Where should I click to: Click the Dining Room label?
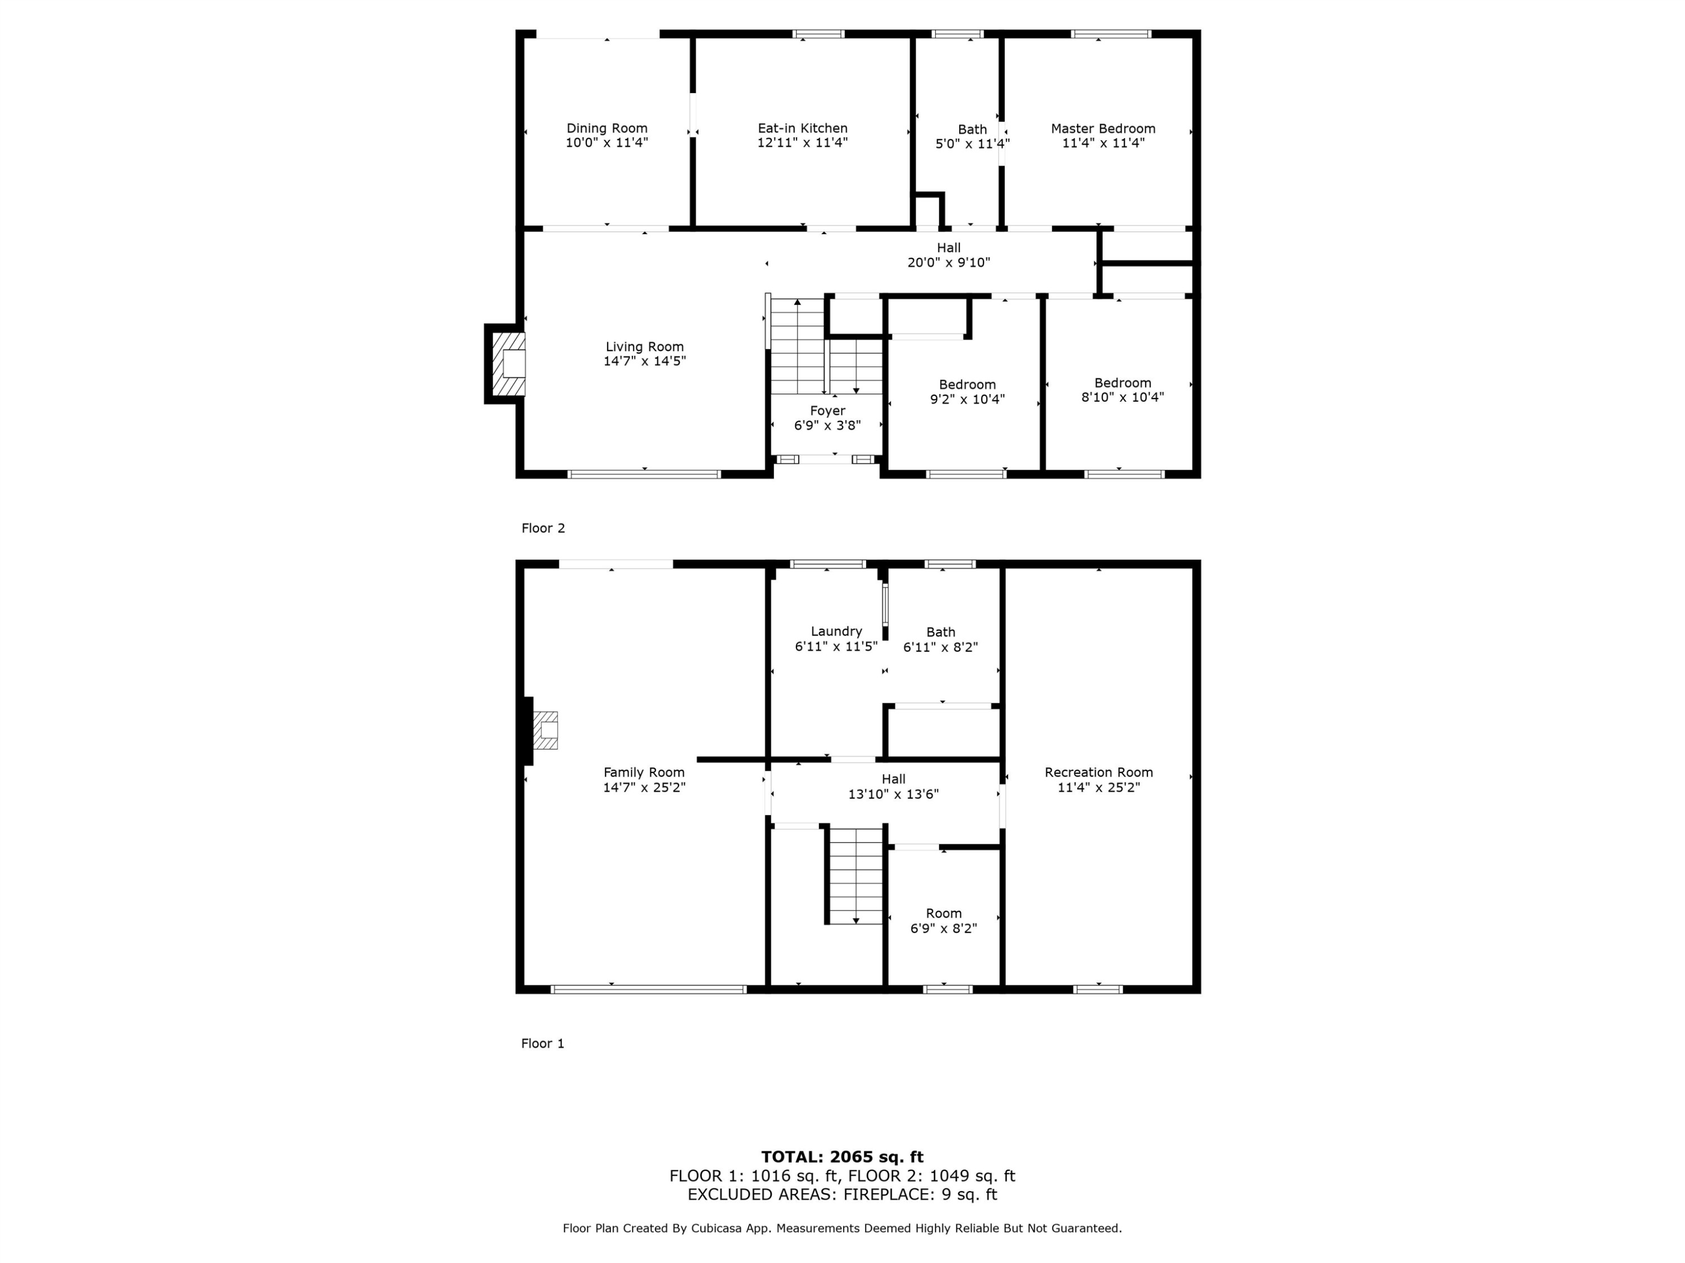tap(607, 129)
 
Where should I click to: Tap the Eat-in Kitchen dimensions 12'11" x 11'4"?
tap(802, 143)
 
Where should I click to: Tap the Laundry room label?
tap(836, 631)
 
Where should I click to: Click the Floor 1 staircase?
tap(855, 876)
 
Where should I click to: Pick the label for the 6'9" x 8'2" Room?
tap(943, 913)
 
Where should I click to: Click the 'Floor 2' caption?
tap(543, 528)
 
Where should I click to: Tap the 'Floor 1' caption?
tap(543, 1044)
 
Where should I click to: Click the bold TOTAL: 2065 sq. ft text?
tap(842, 1157)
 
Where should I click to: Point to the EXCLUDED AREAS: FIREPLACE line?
tap(842, 1195)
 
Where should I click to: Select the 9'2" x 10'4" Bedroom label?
tap(967, 385)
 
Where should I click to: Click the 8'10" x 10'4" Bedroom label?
tap(1122, 383)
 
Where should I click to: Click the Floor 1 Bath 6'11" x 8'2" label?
tap(940, 632)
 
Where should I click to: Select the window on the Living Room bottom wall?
tap(644, 474)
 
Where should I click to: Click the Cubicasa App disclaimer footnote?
tap(842, 1228)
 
